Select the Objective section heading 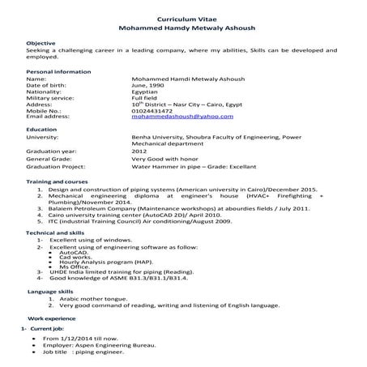[41, 41]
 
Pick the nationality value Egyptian [146, 92]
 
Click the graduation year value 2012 [139, 150]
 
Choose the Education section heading [41, 130]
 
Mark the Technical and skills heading [58, 233]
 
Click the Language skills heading [50, 289]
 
